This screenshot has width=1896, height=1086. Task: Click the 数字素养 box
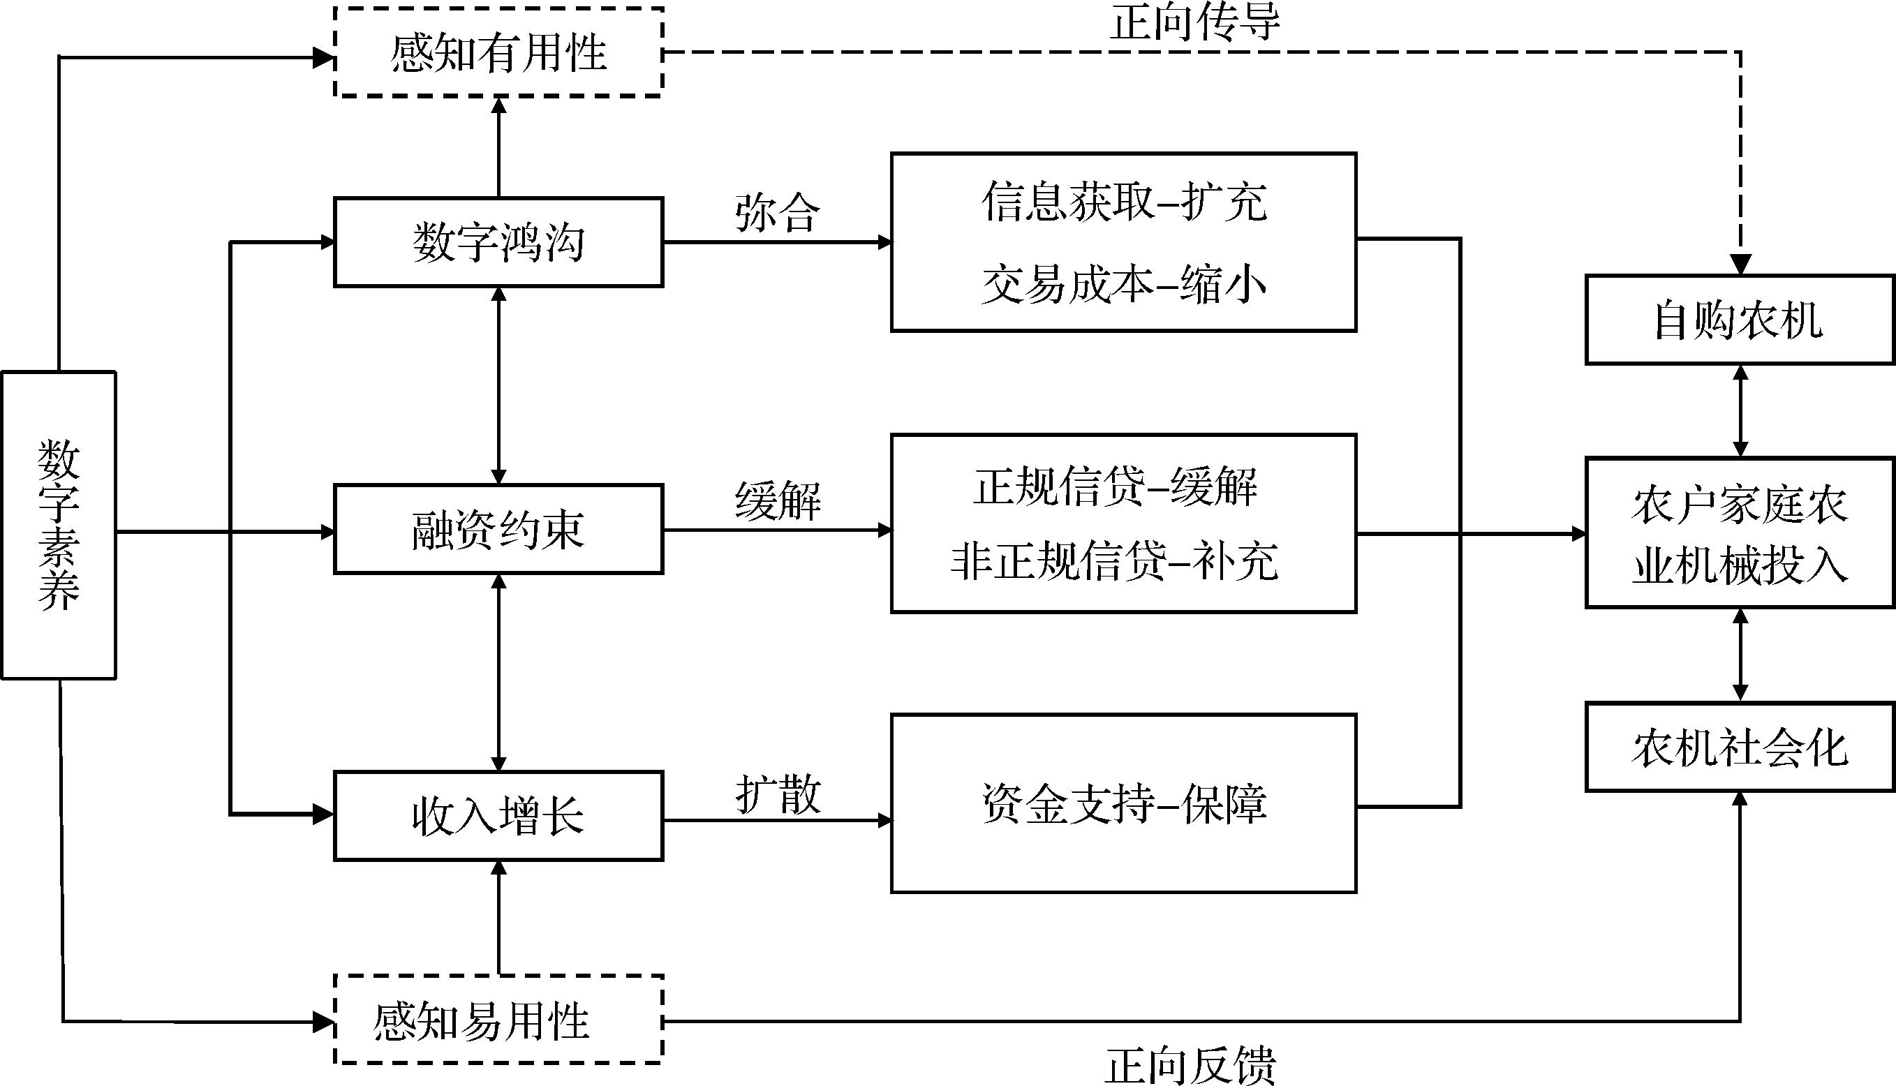click(x=59, y=525)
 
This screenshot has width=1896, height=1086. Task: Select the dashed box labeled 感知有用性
click(x=498, y=52)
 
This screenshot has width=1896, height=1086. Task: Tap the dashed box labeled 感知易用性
click(x=498, y=1020)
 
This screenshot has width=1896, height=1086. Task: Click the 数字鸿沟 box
click(x=498, y=242)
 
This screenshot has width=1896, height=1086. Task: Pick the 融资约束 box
click(x=498, y=530)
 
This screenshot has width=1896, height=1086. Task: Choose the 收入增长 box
click(x=498, y=816)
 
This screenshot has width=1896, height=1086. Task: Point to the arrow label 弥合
click(x=777, y=214)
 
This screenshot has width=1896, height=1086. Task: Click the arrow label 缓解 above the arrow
click(x=777, y=500)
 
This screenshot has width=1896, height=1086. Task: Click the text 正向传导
click(x=1195, y=22)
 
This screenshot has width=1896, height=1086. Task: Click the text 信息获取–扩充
click(x=1123, y=202)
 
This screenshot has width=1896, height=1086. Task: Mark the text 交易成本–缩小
click(x=1123, y=284)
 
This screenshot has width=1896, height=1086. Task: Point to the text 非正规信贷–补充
click(x=1114, y=561)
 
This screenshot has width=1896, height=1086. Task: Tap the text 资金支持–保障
click(x=1123, y=804)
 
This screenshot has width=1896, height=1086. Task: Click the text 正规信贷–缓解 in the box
click(x=1114, y=486)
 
